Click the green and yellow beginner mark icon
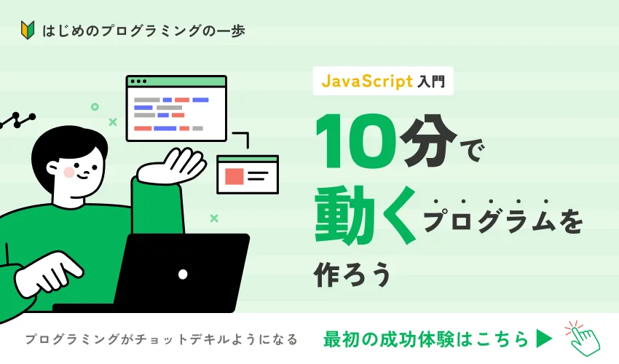(28, 30)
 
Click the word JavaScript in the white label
(367, 81)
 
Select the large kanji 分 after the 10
(429, 141)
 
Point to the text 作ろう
(352, 274)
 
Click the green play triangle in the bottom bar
(545, 339)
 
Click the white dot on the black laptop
(183, 274)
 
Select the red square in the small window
(234, 176)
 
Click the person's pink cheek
(69, 172)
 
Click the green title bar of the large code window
(176, 81)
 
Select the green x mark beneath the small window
(214, 218)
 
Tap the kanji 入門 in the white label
(431, 82)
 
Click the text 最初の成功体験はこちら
(426, 339)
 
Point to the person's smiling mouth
(83, 176)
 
